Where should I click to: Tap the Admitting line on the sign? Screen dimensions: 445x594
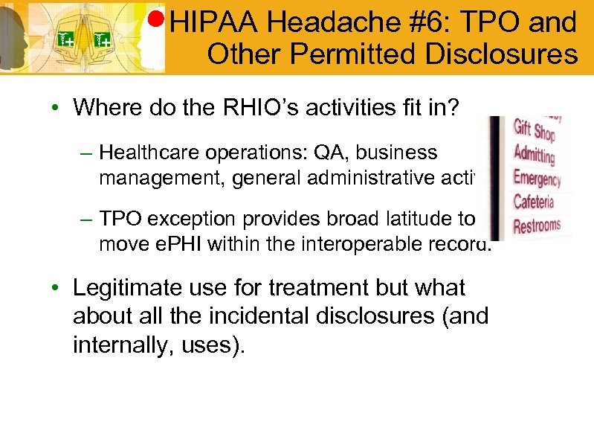(x=535, y=156)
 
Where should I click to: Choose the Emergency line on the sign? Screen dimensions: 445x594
(x=537, y=179)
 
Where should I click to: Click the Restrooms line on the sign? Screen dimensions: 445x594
(x=537, y=225)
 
